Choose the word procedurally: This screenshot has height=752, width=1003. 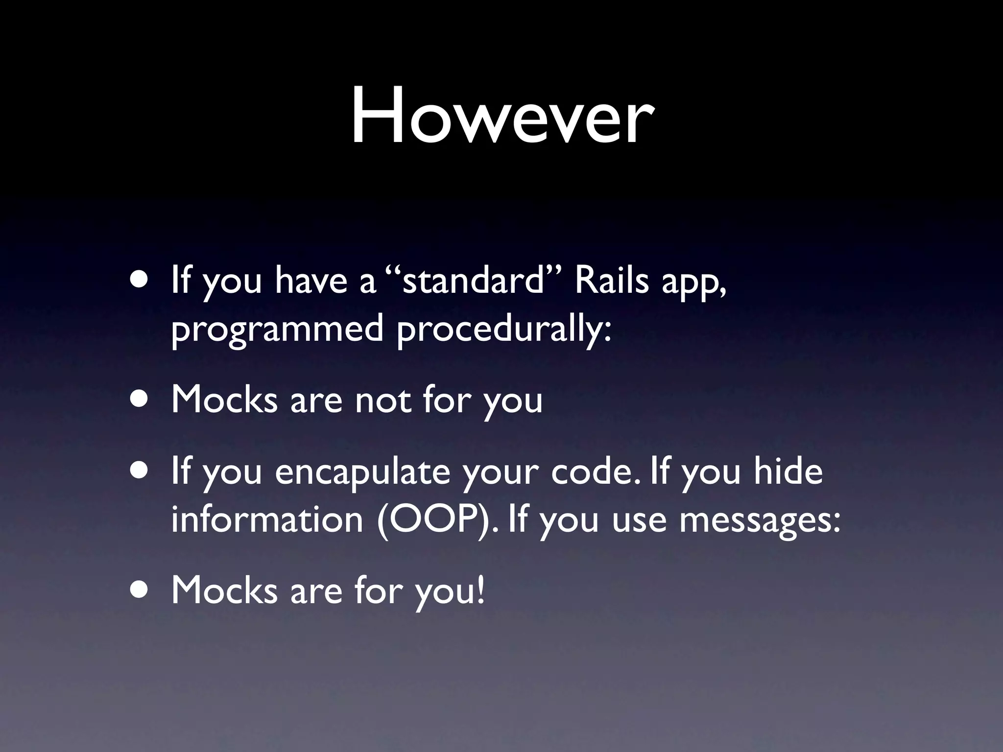coord(504,329)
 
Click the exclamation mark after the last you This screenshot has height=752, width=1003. coord(480,589)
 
